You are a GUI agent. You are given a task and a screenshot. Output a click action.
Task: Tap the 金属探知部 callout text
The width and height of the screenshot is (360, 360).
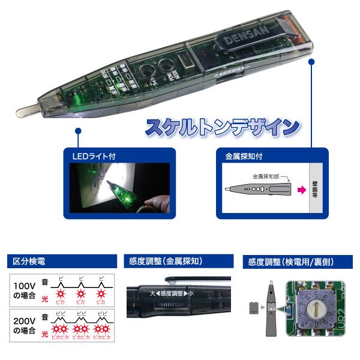pos(268,176)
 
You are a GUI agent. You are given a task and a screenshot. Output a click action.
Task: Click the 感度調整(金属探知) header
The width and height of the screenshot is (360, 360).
pos(165,262)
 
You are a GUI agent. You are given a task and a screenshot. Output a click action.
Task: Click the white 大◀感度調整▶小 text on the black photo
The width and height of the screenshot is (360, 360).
pos(169,294)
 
